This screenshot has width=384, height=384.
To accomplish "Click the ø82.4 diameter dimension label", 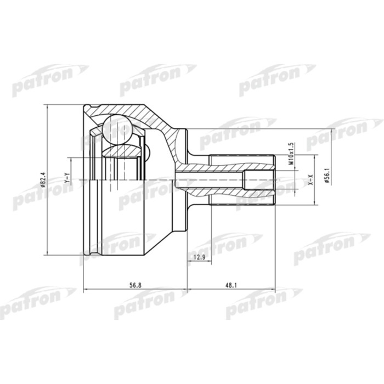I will click(42, 180).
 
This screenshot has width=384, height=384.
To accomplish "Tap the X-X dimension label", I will click(310, 179).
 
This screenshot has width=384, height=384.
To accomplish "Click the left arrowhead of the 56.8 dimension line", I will click(86, 290).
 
